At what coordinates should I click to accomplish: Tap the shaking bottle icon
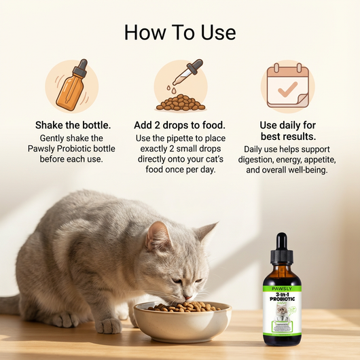click(x=71, y=86)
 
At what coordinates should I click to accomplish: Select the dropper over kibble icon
click(x=180, y=86)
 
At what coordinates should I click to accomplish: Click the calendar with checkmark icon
click(x=287, y=86)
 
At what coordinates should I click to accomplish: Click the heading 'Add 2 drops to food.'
click(x=180, y=126)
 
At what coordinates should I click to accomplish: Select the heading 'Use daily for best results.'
click(x=287, y=131)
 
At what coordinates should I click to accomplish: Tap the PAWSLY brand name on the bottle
click(x=281, y=278)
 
